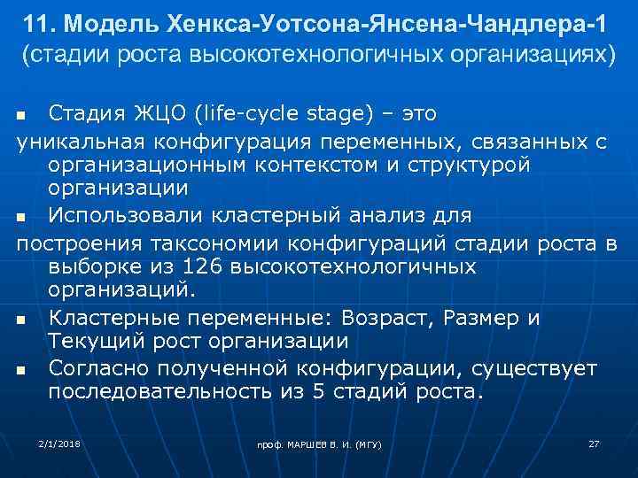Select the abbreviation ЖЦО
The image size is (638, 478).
tap(157, 114)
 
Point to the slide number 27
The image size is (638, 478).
tap(595, 441)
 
